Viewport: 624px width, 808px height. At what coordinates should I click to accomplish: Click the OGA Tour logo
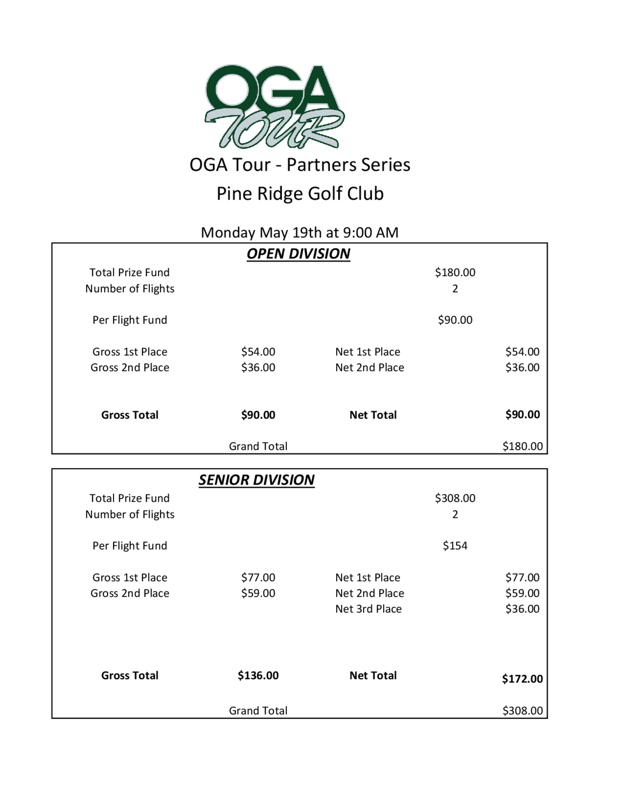tap(274, 106)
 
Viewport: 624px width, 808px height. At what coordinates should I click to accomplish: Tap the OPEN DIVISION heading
tap(298, 254)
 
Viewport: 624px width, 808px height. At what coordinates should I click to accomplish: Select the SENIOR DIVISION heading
tap(256, 480)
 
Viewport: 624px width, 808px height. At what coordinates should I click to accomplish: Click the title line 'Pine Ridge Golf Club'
tap(300, 194)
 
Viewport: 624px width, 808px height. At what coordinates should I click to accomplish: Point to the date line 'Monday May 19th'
tap(300, 232)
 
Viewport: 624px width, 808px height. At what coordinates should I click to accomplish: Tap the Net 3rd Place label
tap(368, 609)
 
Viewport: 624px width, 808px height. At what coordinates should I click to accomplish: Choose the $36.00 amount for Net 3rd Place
tap(522, 609)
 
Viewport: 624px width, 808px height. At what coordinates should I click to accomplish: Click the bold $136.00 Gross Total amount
tap(258, 676)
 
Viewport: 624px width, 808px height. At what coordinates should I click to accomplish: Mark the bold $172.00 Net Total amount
tap(522, 679)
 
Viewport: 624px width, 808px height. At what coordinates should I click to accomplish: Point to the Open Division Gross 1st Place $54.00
tap(258, 352)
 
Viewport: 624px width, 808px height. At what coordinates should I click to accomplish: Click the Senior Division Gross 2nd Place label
tap(130, 594)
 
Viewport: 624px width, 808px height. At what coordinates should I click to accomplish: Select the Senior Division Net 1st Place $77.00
tap(522, 578)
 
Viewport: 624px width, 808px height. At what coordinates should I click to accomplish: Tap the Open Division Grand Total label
tap(258, 446)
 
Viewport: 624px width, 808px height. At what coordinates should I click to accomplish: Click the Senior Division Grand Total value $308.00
tap(522, 711)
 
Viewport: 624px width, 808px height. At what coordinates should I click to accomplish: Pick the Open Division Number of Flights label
tap(130, 288)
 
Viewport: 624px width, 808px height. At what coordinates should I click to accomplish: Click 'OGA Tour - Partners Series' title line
tap(300, 165)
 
